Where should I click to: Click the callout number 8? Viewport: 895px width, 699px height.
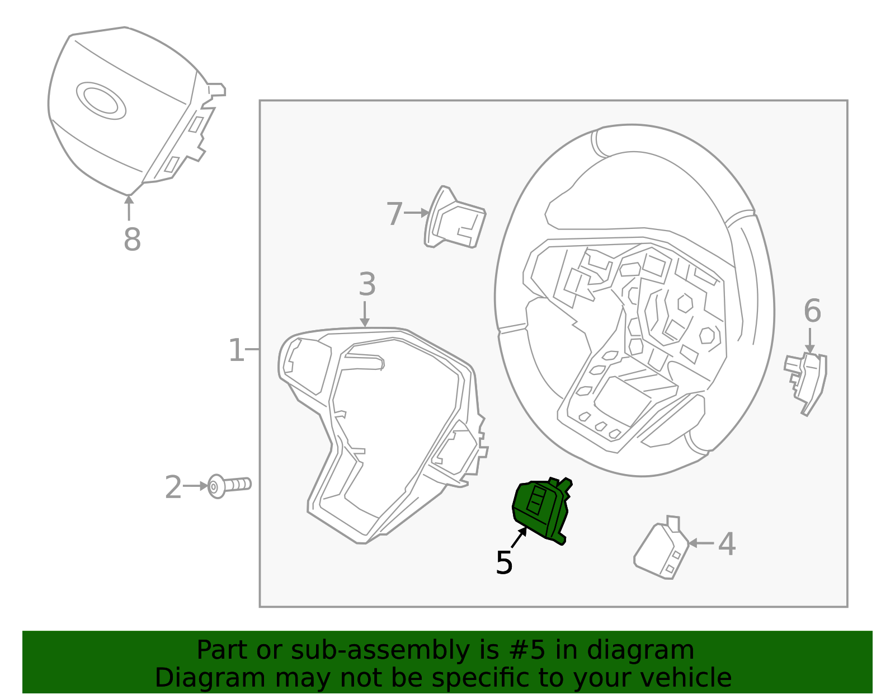coord(132,240)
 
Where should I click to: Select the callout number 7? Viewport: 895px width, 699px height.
coord(394,214)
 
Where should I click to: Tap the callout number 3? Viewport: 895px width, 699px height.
coord(367,284)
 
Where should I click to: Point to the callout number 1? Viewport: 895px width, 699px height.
coord(236,350)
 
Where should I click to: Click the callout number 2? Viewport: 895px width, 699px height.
coord(173,487)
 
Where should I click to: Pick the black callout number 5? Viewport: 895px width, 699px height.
coord(504,562)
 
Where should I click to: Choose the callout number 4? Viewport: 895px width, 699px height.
coord(727,544)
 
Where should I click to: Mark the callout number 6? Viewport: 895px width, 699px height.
coord(812,311)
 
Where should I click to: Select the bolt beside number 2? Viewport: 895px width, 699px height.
coord(229,485)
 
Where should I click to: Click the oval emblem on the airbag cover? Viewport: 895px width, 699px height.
coord(101,101)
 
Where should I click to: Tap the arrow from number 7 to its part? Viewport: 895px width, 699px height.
coord(416,213)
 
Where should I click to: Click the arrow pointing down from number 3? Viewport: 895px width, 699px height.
coord(365,314)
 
